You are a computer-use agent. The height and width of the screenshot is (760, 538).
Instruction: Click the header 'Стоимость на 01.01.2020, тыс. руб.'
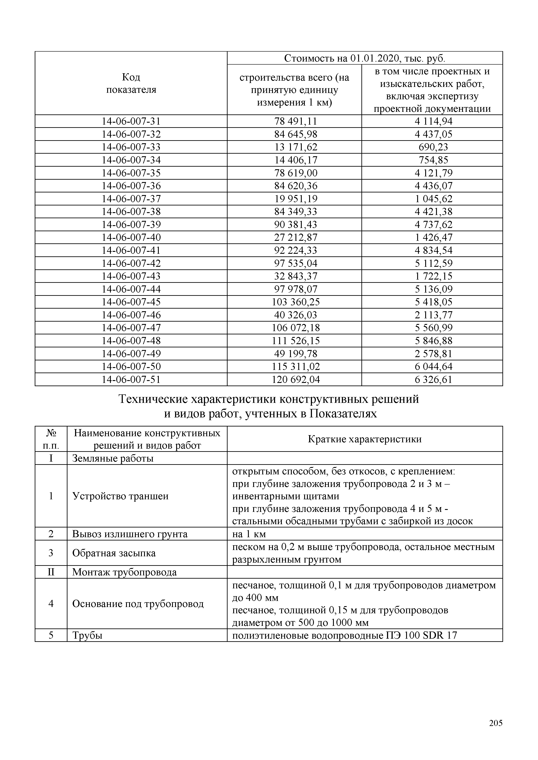tap(365, 59)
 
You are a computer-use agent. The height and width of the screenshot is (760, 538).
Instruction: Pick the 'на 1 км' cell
tap(249, 534)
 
